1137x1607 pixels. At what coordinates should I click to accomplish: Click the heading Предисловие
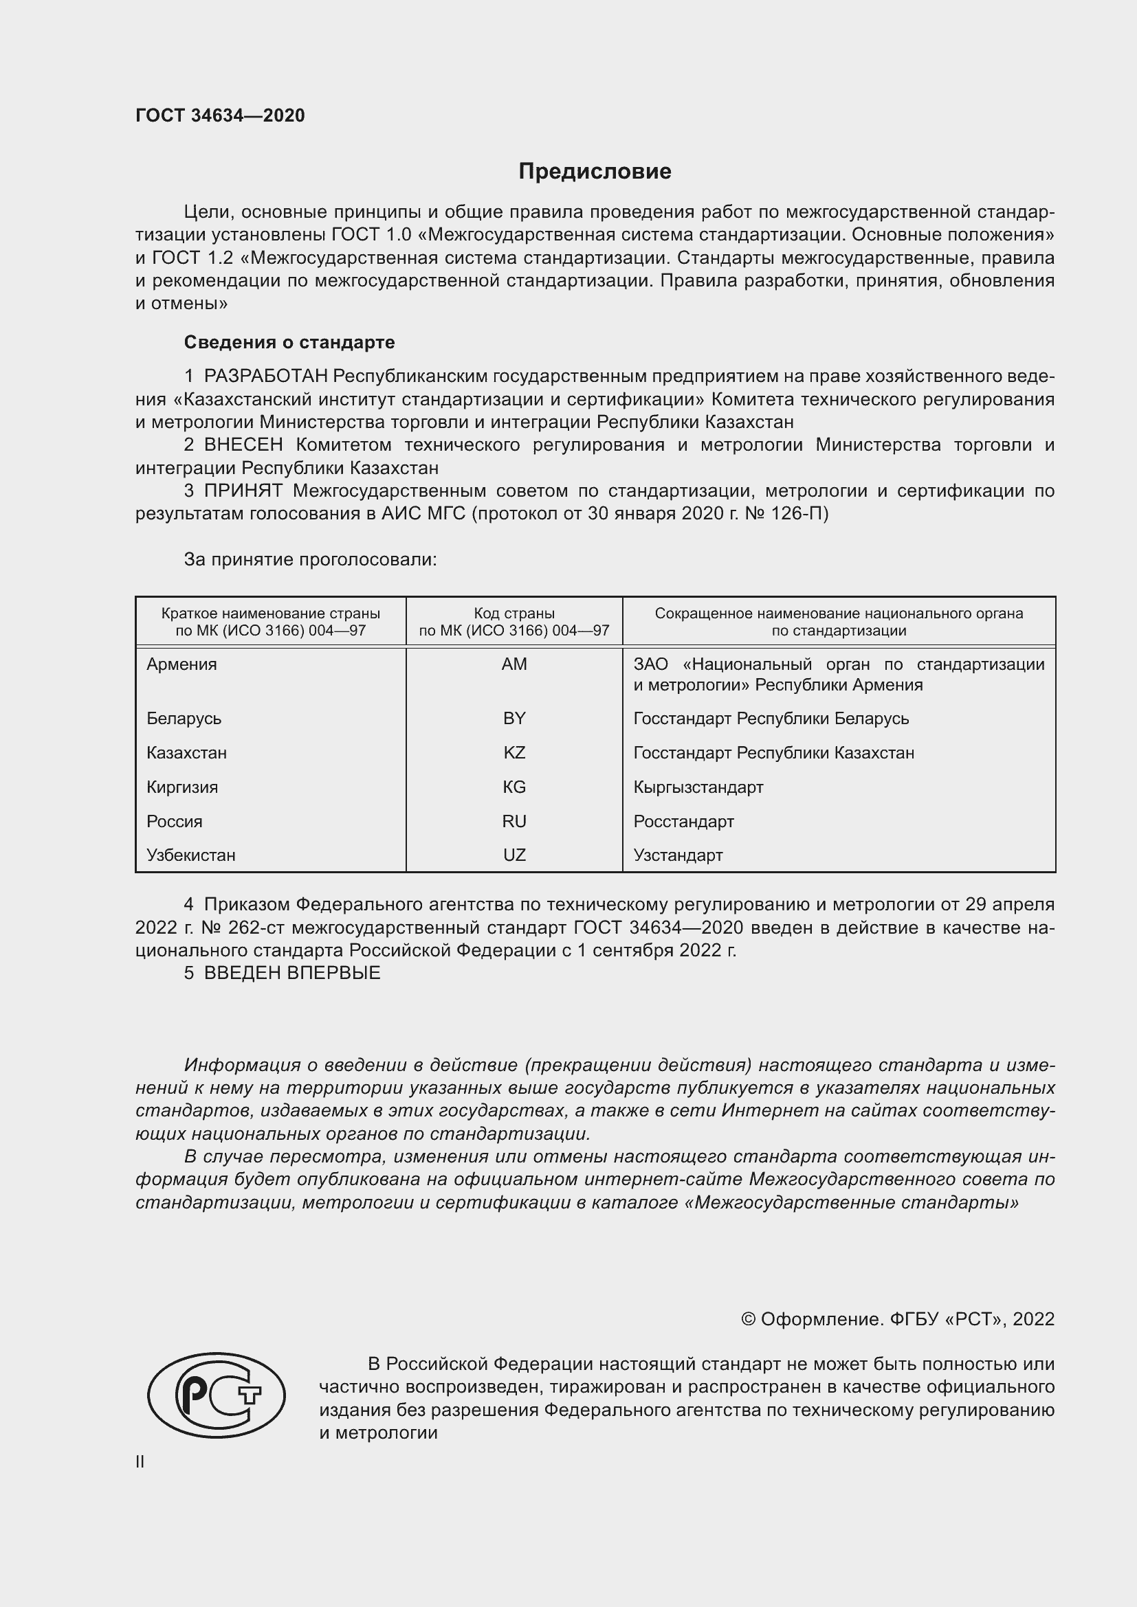(x=595, y=172)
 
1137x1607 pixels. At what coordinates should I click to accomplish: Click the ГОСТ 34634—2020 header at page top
(x=220, y=116)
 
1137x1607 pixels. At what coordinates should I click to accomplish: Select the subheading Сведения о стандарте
(x=289, y=342)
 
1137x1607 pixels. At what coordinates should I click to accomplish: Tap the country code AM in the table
(x=514, y=664)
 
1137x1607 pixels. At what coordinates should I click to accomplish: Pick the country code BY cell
(x=514, y=719)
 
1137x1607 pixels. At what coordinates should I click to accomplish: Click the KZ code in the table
(x=514, y=753)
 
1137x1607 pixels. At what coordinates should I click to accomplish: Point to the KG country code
(x=514, y=787)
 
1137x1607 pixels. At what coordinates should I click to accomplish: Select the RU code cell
(x=514, y=822)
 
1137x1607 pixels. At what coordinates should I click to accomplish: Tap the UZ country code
(x=514, y=855)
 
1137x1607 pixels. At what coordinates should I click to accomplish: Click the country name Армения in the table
(x=181, y=664)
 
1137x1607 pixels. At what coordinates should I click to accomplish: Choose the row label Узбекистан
(x=190, y=855)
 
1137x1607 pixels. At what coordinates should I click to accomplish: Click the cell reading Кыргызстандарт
(x=698, y=787)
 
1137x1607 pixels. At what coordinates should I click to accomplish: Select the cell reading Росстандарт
(x=683, y=822)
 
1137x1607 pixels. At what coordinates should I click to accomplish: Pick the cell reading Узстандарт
(x=678, y=855)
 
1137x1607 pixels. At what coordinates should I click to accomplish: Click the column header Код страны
(x=514, y=614)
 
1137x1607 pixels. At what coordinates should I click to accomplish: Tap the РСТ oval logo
(x=217, y=1395)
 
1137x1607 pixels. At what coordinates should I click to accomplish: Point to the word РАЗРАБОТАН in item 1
(x=266, y=377)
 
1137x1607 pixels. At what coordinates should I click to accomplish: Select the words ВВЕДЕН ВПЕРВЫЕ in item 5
(x=292, y=973)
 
